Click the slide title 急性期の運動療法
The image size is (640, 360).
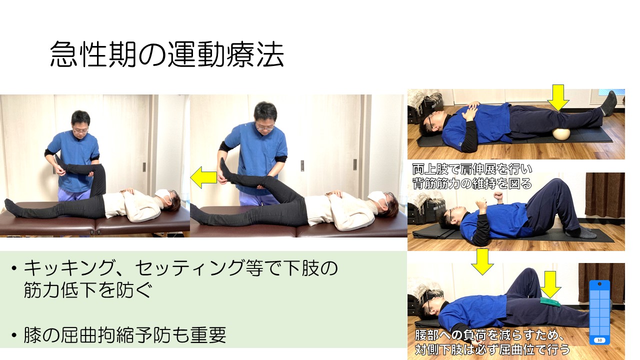tap(167, 54)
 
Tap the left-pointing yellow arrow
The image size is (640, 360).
tap(203, 177)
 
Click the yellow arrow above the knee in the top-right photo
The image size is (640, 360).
tap(558, 97)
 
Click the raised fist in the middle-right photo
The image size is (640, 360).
tap(498, 196)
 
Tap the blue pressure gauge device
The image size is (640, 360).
tap(599, 312)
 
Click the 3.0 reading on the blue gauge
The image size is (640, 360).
tap(599, 340)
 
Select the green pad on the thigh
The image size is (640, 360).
tap(549, 301)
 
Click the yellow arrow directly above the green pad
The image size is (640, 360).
tap(550, 284)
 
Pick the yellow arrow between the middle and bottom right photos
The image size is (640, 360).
tap(482, 261)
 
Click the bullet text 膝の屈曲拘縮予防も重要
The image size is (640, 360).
tap(125, 335)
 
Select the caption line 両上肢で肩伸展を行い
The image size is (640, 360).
tap(472, 169)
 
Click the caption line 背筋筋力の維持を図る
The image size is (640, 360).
tap(472, 183)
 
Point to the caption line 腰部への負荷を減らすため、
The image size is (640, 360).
tap(489, 335)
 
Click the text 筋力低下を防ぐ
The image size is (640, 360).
tap(87, 290)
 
